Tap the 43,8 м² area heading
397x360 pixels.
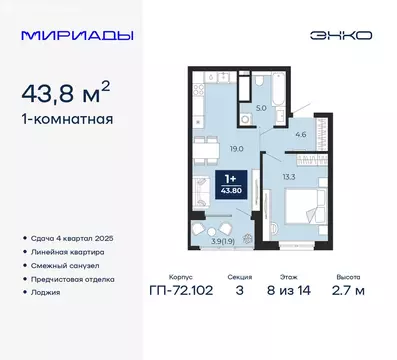click(x=75, y=97)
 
